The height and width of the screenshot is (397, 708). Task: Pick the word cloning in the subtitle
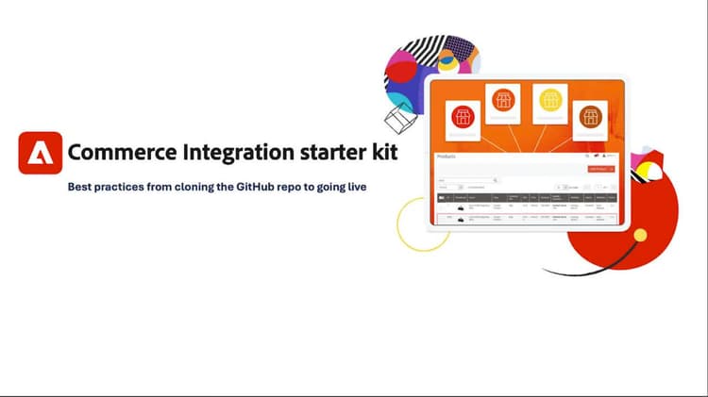click(x=200, y=187)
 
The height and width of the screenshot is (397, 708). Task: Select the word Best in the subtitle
click(x=81, y=187)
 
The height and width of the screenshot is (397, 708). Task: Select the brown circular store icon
click(x=590, y=117)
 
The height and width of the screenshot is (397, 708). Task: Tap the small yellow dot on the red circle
click(x=641, y=234)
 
